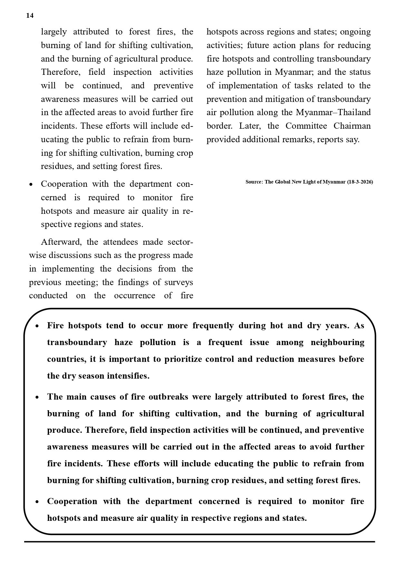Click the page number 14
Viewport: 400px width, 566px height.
pyautogui.click(x=30, y=16)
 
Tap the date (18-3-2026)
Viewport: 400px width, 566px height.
pyautogui.click(x=360, y=182)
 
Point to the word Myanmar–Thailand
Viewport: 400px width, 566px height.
pyautogui.click(x=333, y=113)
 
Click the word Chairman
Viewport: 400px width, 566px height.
pyautogui.click(x=352, y=126)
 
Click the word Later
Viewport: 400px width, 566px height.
pyautogui.click(x=250, y=126)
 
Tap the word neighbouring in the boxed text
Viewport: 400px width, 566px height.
pyautogui.click(x=337, y=342)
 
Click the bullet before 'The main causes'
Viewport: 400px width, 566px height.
pyautogui.click(x=37, y=397)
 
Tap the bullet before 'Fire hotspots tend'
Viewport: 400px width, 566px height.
pyautogui.click(x=37, y=326)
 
